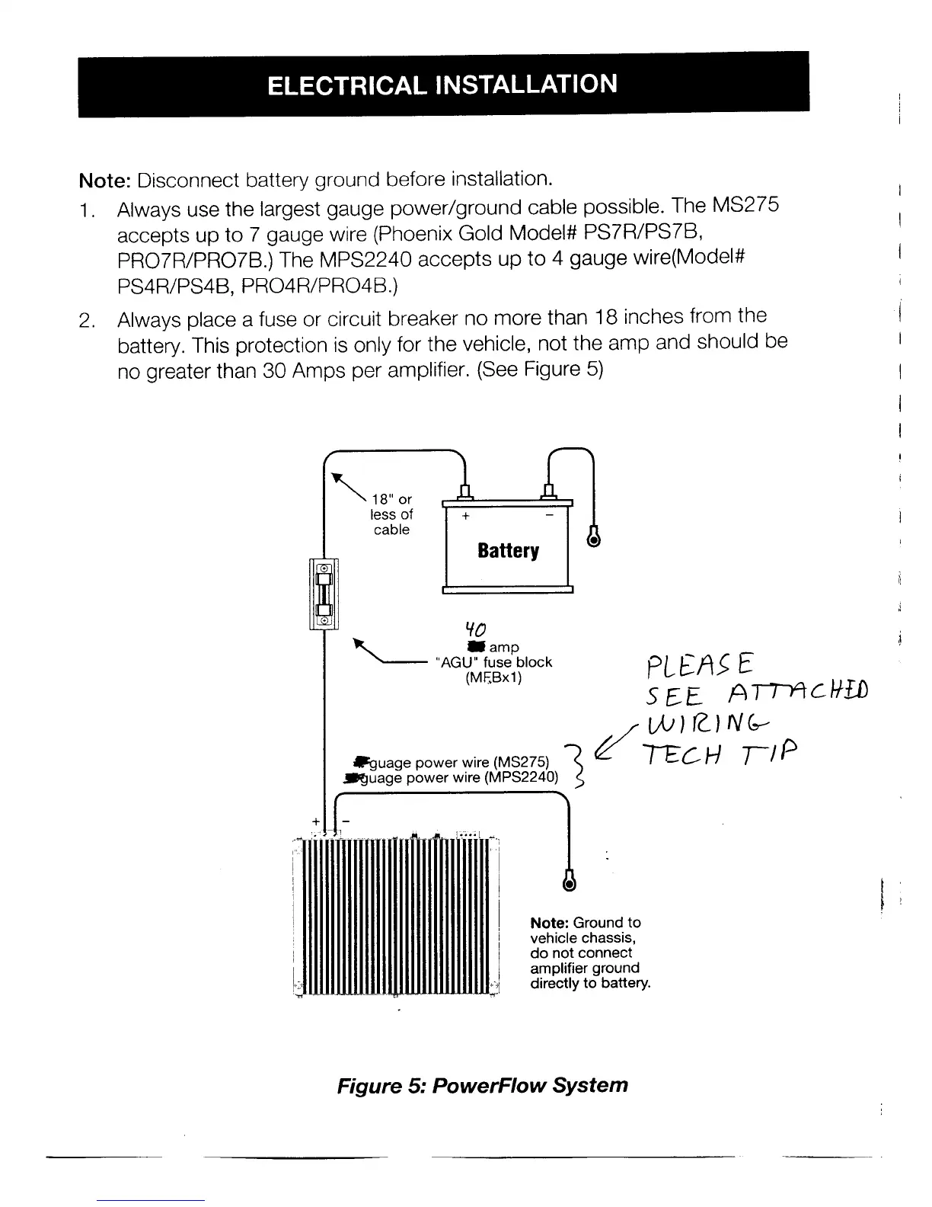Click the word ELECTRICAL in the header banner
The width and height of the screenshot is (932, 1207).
346,85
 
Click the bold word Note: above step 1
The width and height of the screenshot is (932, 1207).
106,181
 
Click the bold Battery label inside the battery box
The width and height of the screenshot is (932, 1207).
508,550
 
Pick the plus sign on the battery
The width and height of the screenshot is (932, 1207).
465,516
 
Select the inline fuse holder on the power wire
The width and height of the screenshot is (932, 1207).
324,594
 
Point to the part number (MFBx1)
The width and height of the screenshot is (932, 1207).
493,677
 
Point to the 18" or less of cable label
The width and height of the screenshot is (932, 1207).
391,514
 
